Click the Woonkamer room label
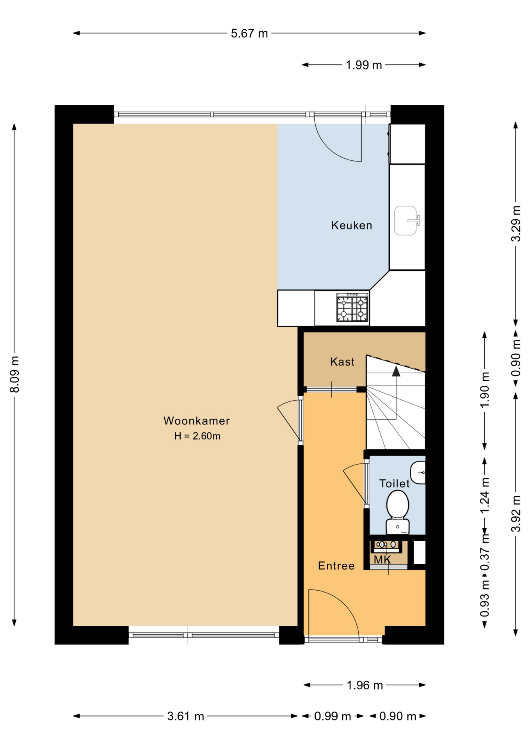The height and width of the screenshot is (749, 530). (x=196, y=421)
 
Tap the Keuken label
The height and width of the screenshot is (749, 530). (x=351, y=225)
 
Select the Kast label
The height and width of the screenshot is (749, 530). (x=342, y=362)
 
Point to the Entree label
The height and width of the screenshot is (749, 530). (x=336, y=566)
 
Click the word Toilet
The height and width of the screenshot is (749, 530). (x=395, y=483)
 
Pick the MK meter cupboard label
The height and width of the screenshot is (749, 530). (x=382, y=560)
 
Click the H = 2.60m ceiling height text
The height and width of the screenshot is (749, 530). (x=197, y=436)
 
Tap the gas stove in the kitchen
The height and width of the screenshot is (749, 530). (x=352, y=308)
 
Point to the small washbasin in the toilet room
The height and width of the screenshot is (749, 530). (x=418, y=472)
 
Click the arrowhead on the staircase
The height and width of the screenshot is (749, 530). (x=396, y=371)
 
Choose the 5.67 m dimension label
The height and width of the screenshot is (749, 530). (x=249, y=34)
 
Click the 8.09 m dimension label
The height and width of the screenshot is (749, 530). (x=14, y=374)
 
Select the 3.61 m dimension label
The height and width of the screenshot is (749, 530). (x=185, y=716)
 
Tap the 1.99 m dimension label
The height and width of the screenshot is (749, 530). (x=363, y=65)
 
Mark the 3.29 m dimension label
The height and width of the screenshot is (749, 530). (x=516, y=224)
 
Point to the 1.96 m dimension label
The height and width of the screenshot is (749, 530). (x=365, y=685)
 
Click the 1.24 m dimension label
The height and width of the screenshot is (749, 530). (x=485, y=496)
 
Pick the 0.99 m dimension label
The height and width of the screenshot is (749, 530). (x=333, y=716)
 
